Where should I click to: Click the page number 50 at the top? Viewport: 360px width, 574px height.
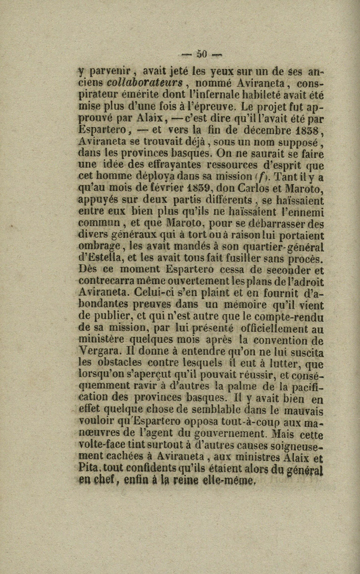click(201, 55)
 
